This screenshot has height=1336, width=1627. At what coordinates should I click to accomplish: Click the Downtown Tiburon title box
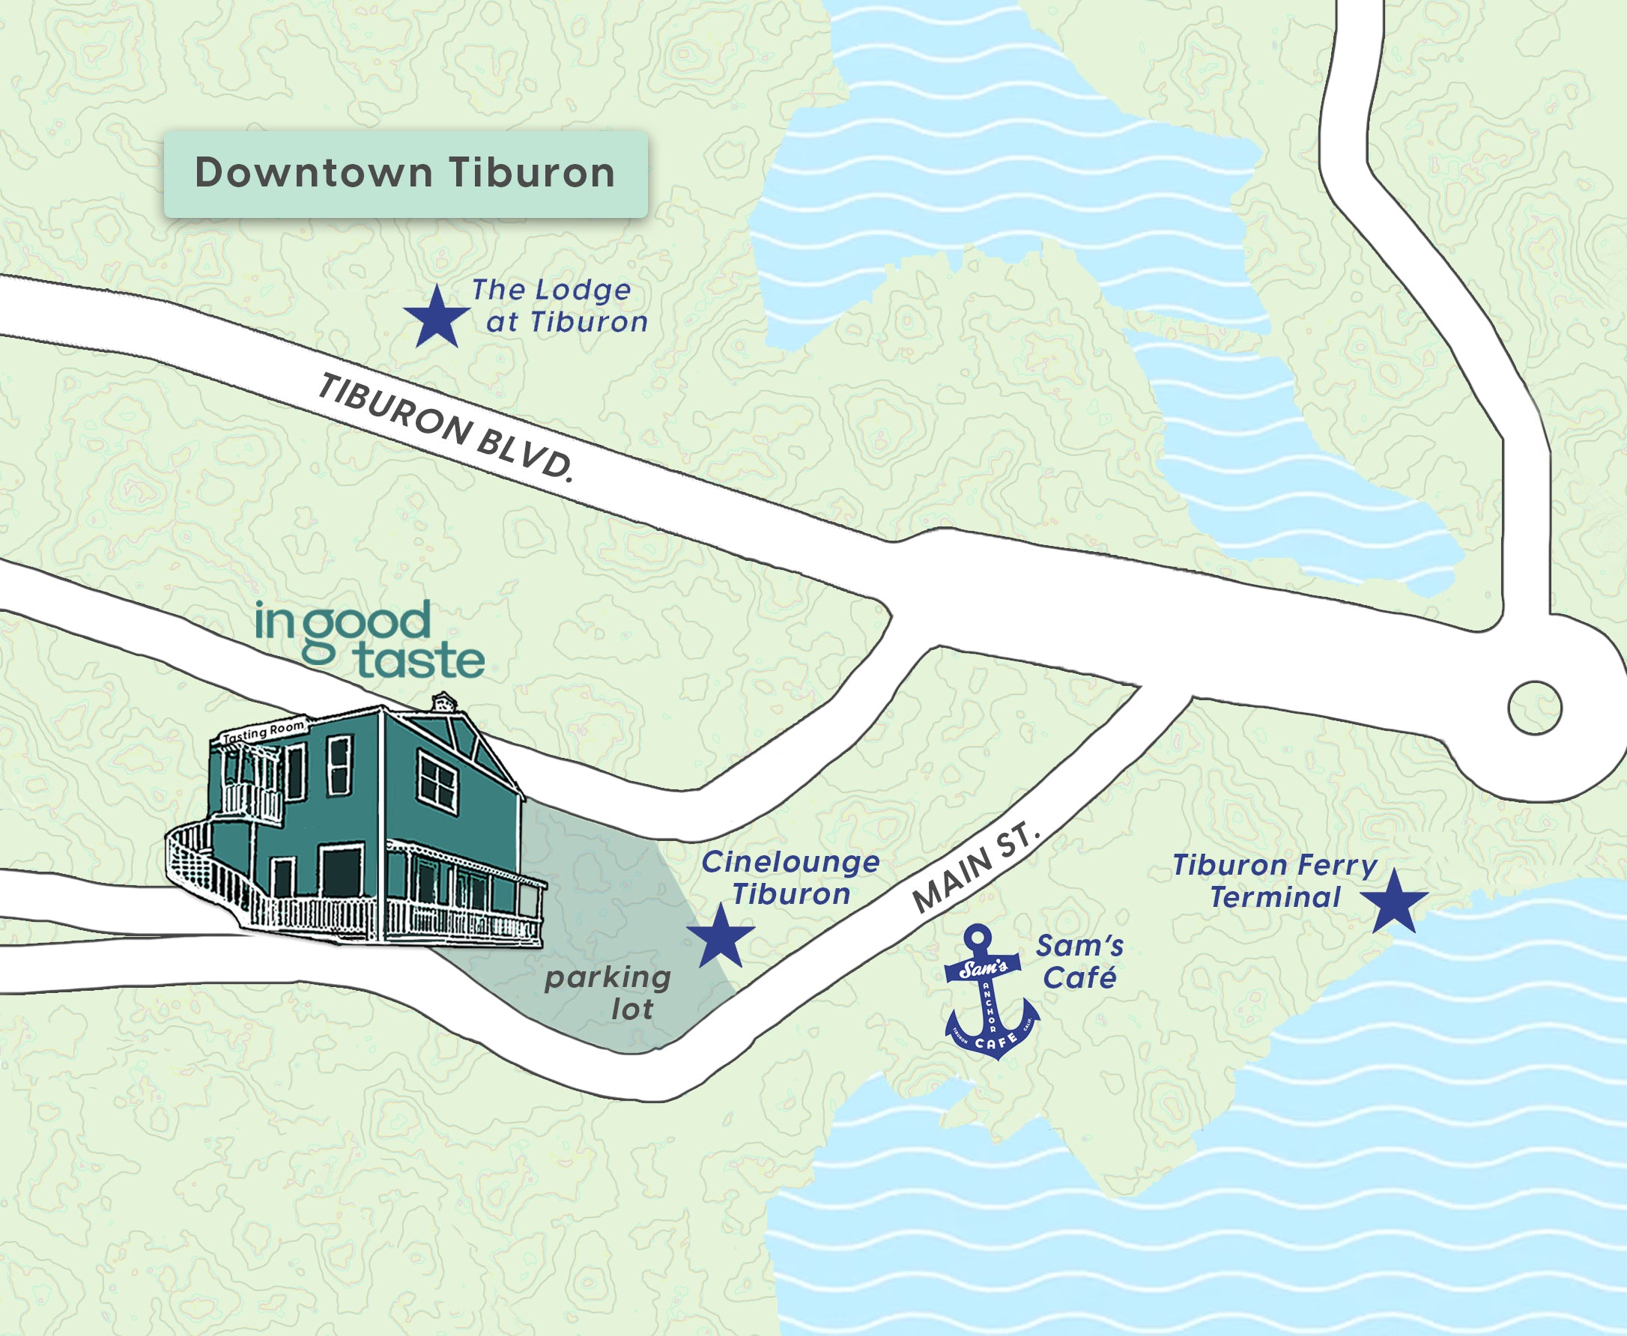coord(405,174)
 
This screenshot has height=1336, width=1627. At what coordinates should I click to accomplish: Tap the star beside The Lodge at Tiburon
coord(437,317)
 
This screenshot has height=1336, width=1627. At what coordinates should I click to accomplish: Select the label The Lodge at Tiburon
coord(560,306)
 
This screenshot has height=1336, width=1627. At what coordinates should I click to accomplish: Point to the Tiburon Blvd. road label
coord(446,426)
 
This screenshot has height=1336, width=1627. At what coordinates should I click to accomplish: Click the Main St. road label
coord(975,867)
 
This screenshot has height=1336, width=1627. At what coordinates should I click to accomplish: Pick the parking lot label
coord(608,993)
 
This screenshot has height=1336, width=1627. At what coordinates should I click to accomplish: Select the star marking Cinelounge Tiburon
coord(721,937)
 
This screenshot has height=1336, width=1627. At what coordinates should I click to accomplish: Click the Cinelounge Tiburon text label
coord(790,878)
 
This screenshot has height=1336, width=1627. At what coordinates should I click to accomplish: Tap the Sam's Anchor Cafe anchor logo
coord(990,997)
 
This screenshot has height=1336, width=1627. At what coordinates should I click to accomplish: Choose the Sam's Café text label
coord(1079,962)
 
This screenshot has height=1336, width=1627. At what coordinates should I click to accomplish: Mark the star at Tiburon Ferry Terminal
coord(1394,901)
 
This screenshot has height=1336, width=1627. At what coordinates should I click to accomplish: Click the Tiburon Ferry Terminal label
coord(1275,881)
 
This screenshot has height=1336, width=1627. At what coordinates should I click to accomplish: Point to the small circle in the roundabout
coord(1535,708)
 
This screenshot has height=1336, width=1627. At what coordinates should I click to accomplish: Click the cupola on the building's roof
coord(443,701)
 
